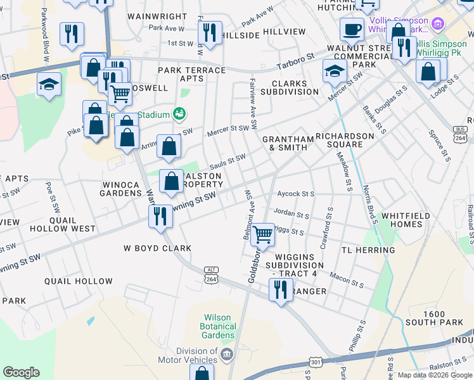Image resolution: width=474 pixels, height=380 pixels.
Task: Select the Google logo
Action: pyautogui.click(x=21, y=372)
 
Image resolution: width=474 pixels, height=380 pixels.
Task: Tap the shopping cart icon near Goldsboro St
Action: pyautogui.click(x=262, y=235)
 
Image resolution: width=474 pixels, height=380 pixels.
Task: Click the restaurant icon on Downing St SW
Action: pyautogui.click(x=160, y=216)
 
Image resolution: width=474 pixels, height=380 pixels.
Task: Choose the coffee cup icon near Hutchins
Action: pyautogui.click(x=352, y=28)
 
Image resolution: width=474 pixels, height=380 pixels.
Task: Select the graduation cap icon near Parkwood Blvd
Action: pyautogui.click(x=49, y=84)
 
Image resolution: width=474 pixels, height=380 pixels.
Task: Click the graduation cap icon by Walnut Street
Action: pyautogui.click(x=334, y=71)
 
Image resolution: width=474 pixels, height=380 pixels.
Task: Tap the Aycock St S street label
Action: pyautogui.click(x=295, y=194)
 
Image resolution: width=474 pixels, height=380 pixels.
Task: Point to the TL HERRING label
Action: pyautogui.click(x=368, y=250)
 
